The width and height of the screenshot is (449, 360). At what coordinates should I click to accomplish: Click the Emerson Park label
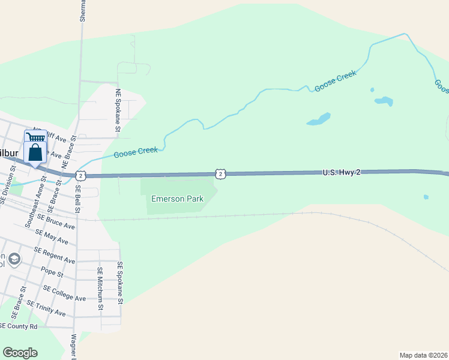(176, 199)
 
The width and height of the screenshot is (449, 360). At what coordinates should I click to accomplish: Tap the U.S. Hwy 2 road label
(342, 173)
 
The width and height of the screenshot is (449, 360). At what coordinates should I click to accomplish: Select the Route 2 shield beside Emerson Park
(221, 173)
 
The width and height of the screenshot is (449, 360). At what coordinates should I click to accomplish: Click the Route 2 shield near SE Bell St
(81, 175)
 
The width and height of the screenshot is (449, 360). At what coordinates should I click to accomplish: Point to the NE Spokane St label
(118, 110)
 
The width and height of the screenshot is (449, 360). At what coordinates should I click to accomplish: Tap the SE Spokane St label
(120, 281)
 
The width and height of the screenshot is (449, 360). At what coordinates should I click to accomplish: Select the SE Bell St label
(78, 199)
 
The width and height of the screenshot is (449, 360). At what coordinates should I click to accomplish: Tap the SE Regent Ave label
(55, 256)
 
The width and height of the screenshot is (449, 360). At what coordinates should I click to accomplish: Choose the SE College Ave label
(64, 294)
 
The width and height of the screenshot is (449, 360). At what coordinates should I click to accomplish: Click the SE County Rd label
(19, 326)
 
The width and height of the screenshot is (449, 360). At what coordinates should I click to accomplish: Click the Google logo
(20, 353)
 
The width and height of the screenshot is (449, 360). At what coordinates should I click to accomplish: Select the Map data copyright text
(424, 355)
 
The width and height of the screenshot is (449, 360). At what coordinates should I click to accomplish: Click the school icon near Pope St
(14, 259)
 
